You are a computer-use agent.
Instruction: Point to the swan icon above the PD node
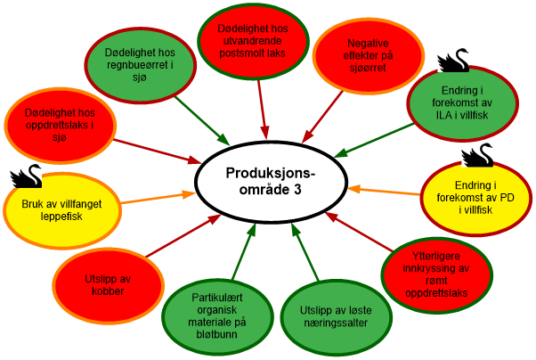point(477,153)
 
